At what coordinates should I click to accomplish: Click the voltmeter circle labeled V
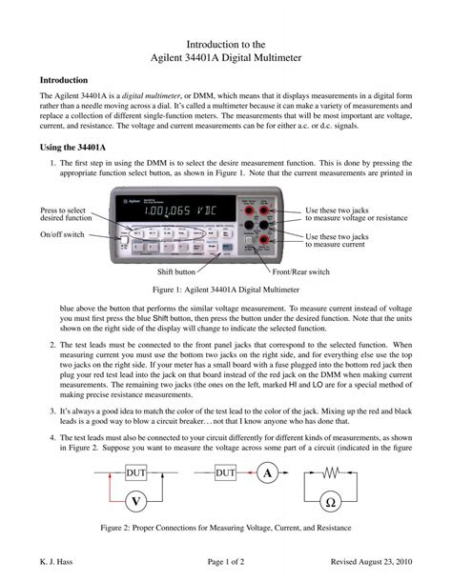point(136,501)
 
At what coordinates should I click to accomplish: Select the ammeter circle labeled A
point(269,473)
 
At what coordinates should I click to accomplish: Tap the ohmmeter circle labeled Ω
point(331,501)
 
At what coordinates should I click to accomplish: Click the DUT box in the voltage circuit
point(136,473)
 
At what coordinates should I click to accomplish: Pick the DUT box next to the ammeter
point(226,473)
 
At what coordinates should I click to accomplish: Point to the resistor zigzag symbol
point(331,473)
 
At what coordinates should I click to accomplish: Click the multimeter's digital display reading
point(180,209)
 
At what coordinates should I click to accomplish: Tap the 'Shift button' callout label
point(176,271)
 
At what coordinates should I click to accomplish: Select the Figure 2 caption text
point(225,528)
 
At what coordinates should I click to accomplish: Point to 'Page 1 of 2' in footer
point(225,561)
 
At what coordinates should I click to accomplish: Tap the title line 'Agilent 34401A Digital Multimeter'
point(225,60)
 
